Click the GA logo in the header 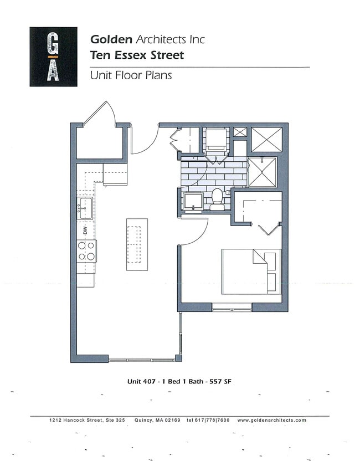tap(53, 57)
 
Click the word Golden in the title tap(111, 39)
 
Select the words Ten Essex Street tap(137, 55)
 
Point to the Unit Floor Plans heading tap(131, 75)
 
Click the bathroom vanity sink tap(194, 202)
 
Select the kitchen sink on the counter tap(85, 209)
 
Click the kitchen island tap(137, 244)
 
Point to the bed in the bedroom tap(251, 272)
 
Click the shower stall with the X tap(261, 172)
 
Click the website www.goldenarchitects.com tap(271, 421)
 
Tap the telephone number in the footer tap(208, 421)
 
